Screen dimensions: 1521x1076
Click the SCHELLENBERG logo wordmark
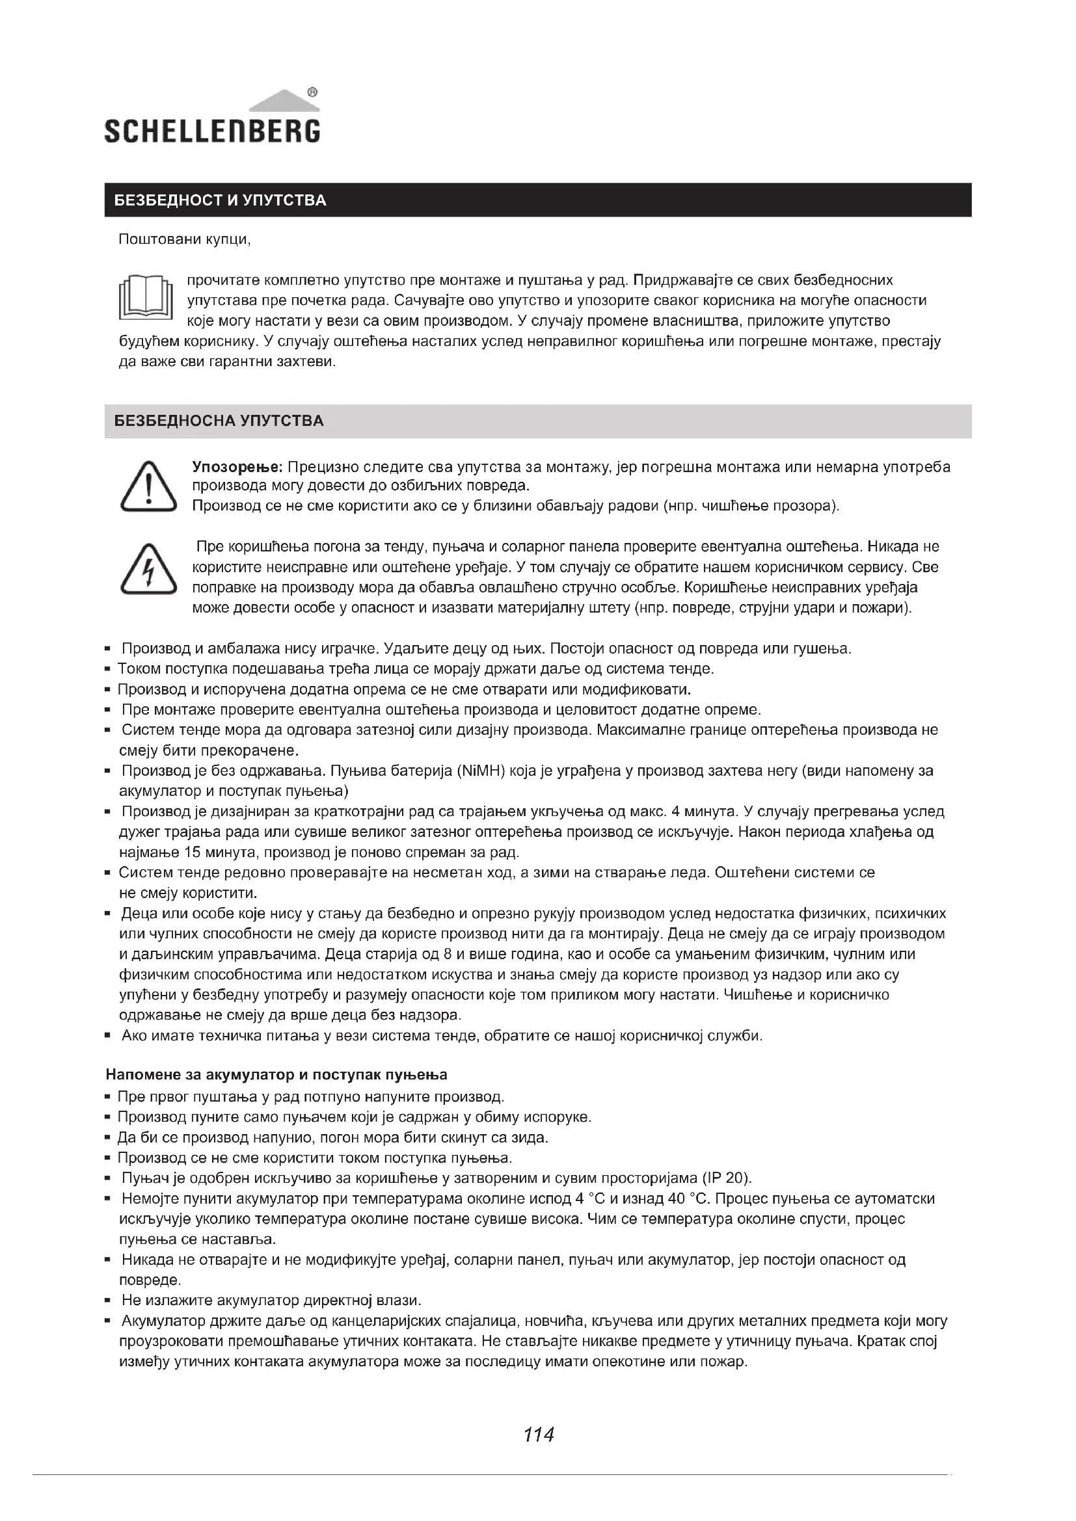pyautogui.click(x=212, y=131)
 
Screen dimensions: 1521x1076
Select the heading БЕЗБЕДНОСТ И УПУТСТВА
pyautogui.click(x=220, y=200)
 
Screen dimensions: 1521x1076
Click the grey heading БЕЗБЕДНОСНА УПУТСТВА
pyautogui.click(x=219, y=421)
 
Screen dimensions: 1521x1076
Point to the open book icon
pyautogui.click(x=145, y=297)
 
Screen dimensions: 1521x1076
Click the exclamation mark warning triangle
pyautogui.click(x=148, y=488)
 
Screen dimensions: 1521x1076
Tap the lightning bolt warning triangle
pyautogui.click(x=148, y=569)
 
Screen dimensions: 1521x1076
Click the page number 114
pyautogui.click(x=538, y=1435)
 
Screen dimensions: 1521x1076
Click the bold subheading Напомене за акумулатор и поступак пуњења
pyautogui.click(x=276, y=1074)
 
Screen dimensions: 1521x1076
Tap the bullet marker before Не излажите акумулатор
pyautogui.click(x=107, y=1301)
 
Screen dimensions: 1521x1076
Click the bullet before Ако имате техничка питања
pyautogui.click(x=107, y=1035)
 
